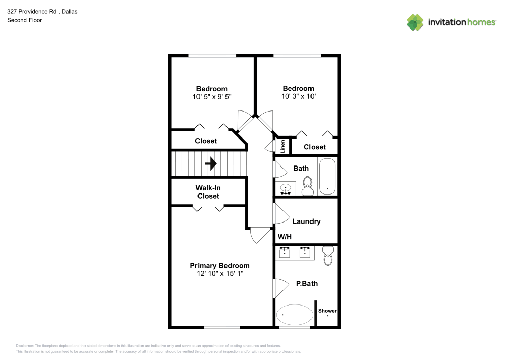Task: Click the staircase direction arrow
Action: pyautogui.click(x=211, y=163)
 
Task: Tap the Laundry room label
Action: pyautogui.click(x=306, y=221)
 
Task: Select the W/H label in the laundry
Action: pyautogui.click(x=285, y=237)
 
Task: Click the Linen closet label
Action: pyautogui.click(x=282, y=147)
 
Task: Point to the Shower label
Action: pyautogui.click(x=327, y=311)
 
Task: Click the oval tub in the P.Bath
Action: pyautogui.click(x=294, y=315)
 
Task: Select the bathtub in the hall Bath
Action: pyautogui.click(x=327, y=176)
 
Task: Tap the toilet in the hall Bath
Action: pyautogui.click(x=307, y=186)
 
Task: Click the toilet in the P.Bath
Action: pyautogui.click(x=328, y=256)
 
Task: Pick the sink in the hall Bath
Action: pyautogui.click(x=286, y=188)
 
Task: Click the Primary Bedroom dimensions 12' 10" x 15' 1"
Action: pyautogui.click(x=220, y=273)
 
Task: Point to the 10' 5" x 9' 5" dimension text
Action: pyautogui.click(x=212, y=97)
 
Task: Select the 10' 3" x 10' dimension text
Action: pyautogui.click(x=298, y=96)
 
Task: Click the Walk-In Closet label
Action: pyautogui.click(x=208, y=192)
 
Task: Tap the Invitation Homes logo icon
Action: pyautogui.click(x=415, y=22)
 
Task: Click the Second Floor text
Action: pyautogui.click(x=24, y=20)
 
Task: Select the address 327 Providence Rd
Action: pyautogui.click(x=32, y=12)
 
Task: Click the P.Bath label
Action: pyautogui.click(x=307, y=284)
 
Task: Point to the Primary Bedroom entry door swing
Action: pyautogui.click(x=260, y=236)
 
